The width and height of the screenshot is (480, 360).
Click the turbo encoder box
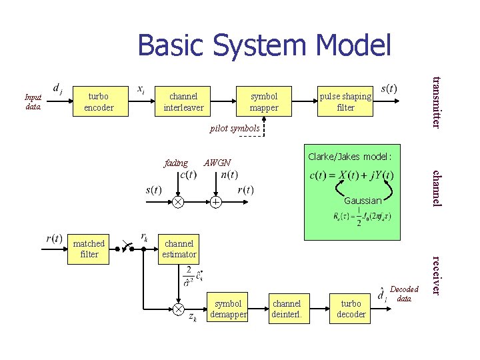click(99, 101)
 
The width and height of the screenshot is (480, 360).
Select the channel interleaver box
click(183, 101)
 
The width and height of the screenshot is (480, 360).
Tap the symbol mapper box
click(264, 101)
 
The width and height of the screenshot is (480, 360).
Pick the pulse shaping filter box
click(345, 101)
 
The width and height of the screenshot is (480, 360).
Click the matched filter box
click(89, 249)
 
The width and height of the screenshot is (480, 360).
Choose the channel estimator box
click(180, 249)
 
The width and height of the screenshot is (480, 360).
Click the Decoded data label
click(404, 294)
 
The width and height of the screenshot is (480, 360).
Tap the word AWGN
click(217, 163)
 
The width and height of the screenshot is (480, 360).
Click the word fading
click(175, 163)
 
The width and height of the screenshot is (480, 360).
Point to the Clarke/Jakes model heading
click(350, 157)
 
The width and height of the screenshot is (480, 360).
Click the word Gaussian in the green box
click(363, 200)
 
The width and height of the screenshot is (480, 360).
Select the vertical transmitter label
click(435, 102)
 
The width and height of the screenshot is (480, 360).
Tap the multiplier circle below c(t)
click(179, 201)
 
